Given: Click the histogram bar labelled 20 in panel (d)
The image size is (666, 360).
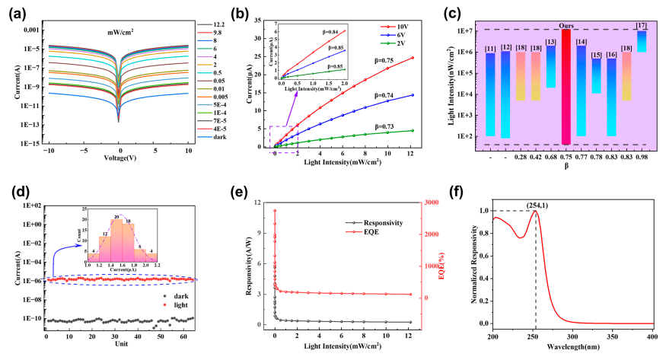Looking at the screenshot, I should (116, 241).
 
